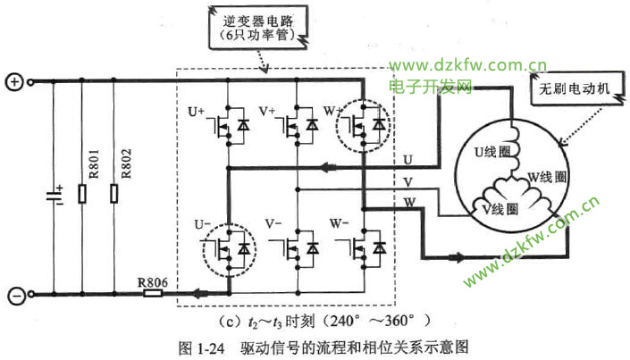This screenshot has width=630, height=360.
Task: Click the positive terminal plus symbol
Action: point(14,82)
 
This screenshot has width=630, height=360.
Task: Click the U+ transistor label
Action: point(196,111)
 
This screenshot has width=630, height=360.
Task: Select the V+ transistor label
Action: point(266,111)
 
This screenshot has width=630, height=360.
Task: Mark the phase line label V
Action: point(407,183)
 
